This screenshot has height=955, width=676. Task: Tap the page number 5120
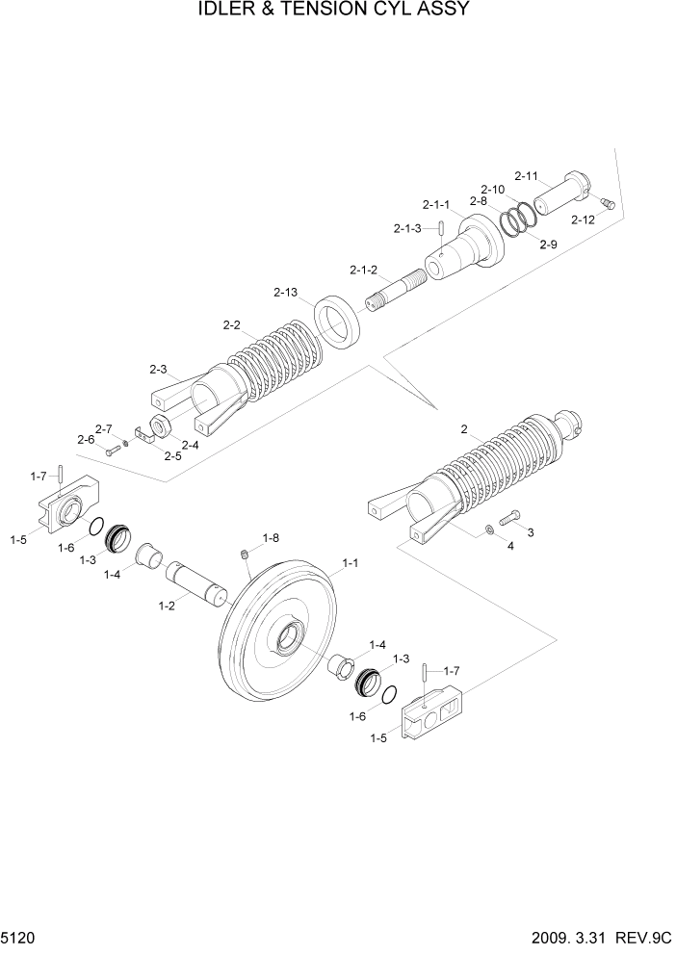(x=22, y=937)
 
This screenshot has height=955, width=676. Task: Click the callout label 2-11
(x=529, y=176)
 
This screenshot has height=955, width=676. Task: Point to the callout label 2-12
(x=583, y=220)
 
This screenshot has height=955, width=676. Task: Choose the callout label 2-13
(x=286, y=292)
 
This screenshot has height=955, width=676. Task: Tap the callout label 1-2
(x=167, y=607)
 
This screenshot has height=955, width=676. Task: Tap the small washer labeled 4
(x=492, y=529)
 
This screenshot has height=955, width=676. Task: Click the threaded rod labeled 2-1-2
(x=395, y=289)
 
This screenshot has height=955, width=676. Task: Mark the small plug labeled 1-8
(x=246, y=554)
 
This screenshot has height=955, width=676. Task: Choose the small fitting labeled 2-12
(x=604, y=202)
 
